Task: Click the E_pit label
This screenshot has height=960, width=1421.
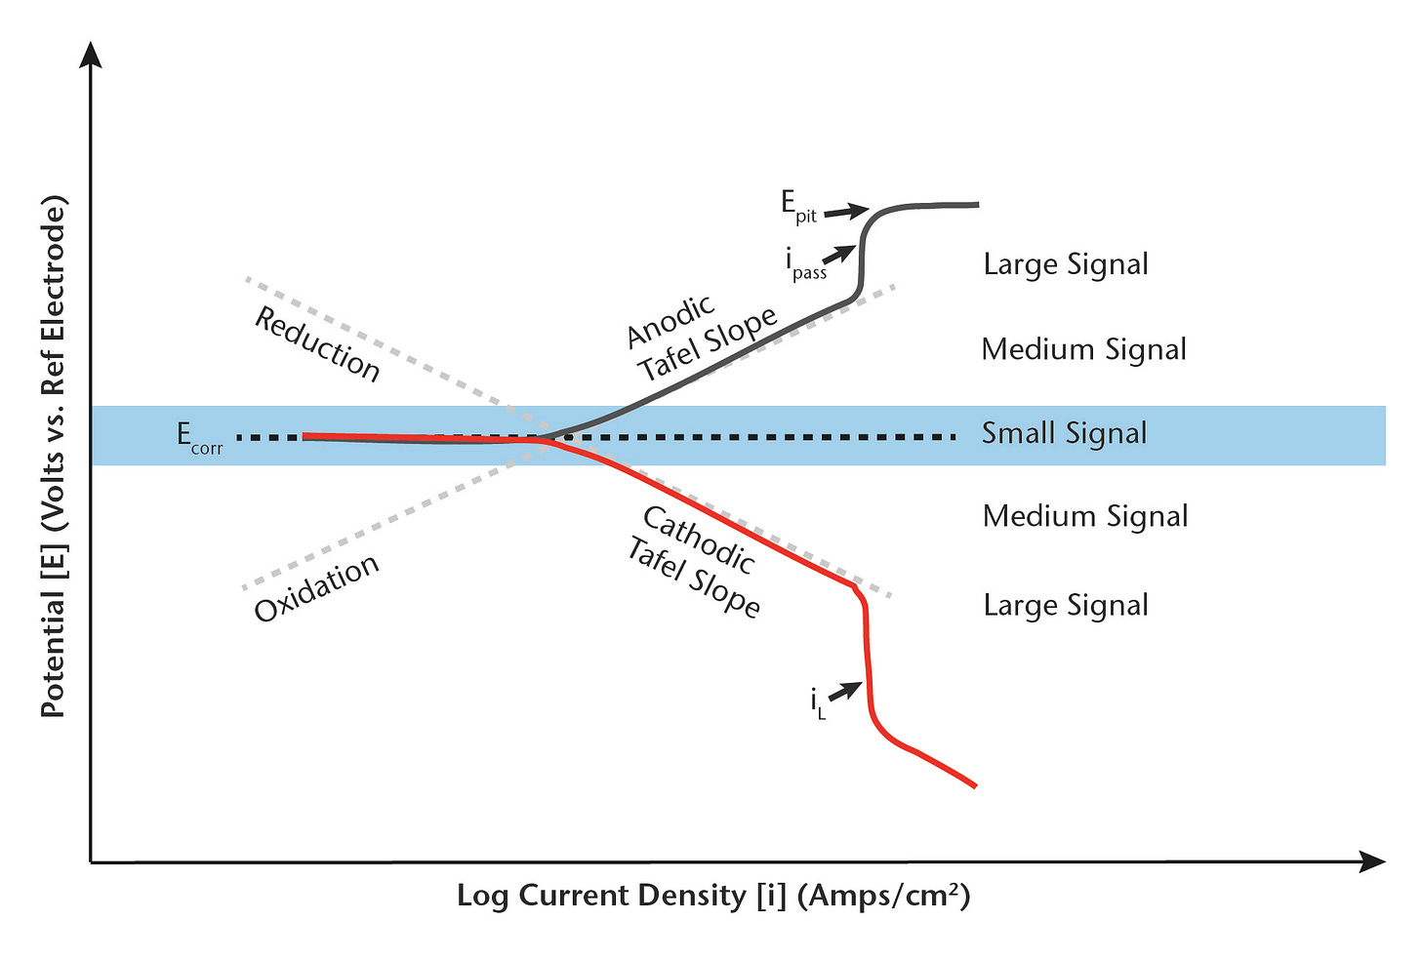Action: coord(797,206)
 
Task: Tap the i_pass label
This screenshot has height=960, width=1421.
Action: coord(805,264)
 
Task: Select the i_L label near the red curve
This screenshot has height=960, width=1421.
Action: coord(818,703)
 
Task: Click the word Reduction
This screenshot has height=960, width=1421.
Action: coord(317,343)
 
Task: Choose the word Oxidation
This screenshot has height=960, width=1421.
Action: coord(316,587)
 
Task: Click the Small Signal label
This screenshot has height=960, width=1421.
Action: coord(1064,433)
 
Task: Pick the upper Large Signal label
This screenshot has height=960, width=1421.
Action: coord(1065,264)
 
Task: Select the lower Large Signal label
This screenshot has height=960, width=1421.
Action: coord(1065,605)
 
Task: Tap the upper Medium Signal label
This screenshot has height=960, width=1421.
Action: coord(1083,349)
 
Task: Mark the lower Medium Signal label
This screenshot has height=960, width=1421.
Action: coord(1084,516)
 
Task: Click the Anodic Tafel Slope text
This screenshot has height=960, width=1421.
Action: coord(701,336)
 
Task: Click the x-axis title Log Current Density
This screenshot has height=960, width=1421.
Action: coord(713,896)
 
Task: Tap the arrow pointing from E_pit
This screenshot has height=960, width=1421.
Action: coord(846,210)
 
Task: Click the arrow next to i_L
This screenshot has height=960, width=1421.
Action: coord(847,689)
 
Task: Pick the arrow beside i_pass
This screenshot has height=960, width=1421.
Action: coord(841,252)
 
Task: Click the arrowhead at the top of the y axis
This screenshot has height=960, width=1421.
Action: coord(91,54)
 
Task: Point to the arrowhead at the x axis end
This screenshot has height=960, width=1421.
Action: coord(1373,861)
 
